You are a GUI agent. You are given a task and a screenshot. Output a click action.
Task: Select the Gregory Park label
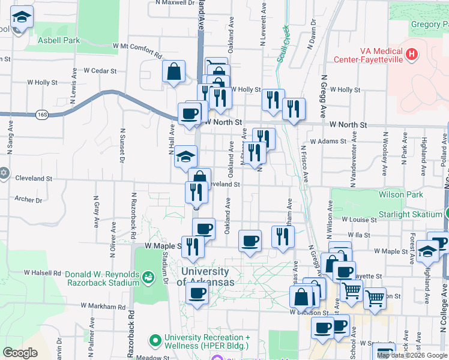tap(429, 25)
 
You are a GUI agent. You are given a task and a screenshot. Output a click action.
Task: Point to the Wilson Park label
tap(400, 194)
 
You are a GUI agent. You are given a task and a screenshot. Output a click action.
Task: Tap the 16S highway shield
tap(41, 113)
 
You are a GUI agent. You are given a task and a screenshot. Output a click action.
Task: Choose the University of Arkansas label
tap(205, 277)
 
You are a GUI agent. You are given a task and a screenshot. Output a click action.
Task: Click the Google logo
tap(20, 353)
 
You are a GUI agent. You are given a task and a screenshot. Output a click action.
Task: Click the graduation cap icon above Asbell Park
tap(22, 19)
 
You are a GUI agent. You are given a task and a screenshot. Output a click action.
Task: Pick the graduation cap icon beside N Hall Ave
tap(186, 157)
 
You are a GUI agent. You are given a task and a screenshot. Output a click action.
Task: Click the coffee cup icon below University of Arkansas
tap(196, 293)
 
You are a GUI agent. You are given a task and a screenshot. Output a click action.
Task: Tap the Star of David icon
tap(4, 173)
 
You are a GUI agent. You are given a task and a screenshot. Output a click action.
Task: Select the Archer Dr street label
tap(28, 199)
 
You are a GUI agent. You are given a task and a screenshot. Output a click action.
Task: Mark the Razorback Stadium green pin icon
tap(148, 276)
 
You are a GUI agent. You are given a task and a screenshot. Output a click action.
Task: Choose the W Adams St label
tap(328, 142)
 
